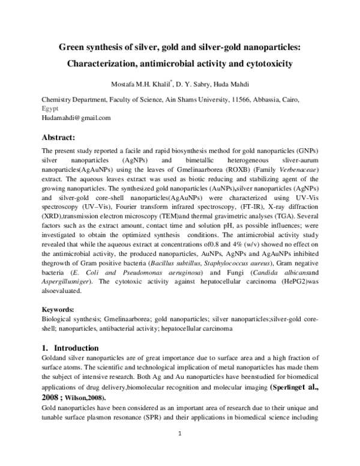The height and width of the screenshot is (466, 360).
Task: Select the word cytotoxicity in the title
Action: tap(266, 62)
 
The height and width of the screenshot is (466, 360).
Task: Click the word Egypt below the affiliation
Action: tap(50, 109)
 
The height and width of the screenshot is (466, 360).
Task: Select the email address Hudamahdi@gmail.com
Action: tap(76, 118)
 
